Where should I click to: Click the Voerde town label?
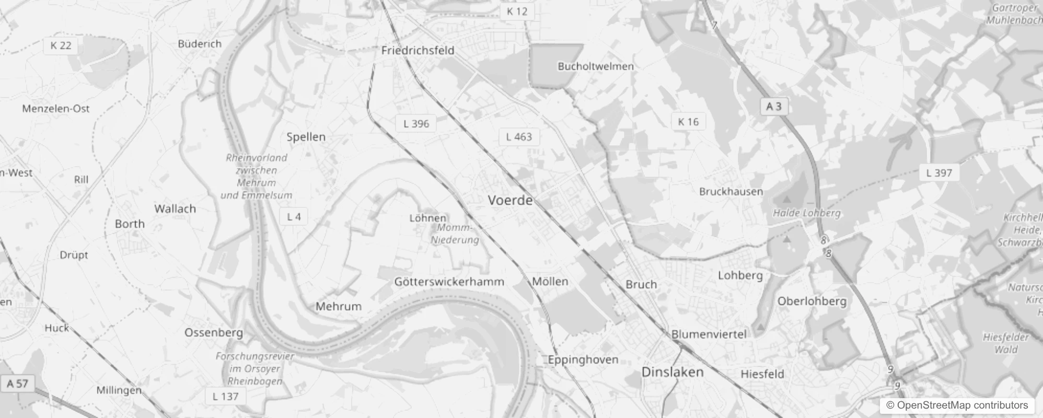tap(510, 200)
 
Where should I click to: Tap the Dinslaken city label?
tap(672, 372)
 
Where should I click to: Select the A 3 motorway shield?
tap(773, 107)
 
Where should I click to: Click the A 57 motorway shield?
tap(17, 384)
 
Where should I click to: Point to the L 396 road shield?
tap(416, 124)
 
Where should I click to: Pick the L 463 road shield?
tap(519, 137)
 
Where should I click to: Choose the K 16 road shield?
tap(688, 122)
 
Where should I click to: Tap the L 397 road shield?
tap(939, 172)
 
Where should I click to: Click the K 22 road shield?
tap(61, 45)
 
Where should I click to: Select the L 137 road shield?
tap(225, 396)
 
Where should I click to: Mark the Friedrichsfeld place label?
tap(418, 51)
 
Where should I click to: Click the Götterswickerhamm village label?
tap(449, 282)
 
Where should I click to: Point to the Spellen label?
tap(306, 137)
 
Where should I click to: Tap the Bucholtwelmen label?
tap(596, 66)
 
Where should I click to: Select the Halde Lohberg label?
tap(806, 213)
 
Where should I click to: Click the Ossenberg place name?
tap(213, 332)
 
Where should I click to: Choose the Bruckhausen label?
tap(731, 191)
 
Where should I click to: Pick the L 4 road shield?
tap(294, 216)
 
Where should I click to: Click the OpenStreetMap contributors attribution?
tap(957, 405)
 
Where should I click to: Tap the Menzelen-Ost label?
tap(56, 109)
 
